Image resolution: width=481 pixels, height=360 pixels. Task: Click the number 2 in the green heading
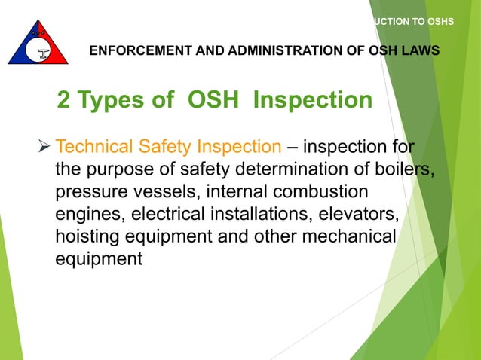coord(65,100)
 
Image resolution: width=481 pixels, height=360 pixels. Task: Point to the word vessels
coord(161,191)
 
